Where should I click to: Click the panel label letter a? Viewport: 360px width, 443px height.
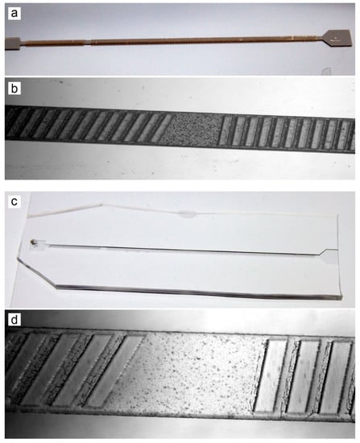(14, 14)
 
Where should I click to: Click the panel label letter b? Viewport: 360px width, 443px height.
(14, 89)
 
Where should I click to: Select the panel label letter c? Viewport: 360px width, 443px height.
(14, 201)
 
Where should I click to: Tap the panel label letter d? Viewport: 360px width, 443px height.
(14, 320)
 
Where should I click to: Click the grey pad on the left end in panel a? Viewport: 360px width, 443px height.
(13, 43)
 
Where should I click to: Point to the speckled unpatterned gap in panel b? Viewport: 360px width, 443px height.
(192, 129)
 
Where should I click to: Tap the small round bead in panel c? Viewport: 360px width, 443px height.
(33, 242)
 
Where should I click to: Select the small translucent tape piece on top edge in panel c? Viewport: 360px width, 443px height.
(188, 214)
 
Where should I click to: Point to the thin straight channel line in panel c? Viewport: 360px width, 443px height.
(181, 249)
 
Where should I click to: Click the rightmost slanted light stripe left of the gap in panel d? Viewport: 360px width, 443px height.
(118, 371)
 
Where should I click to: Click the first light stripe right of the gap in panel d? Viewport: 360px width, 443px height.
(269, 376)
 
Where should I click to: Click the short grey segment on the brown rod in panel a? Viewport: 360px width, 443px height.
(87, 43)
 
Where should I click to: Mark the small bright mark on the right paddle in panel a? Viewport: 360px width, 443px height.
(335, 37)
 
